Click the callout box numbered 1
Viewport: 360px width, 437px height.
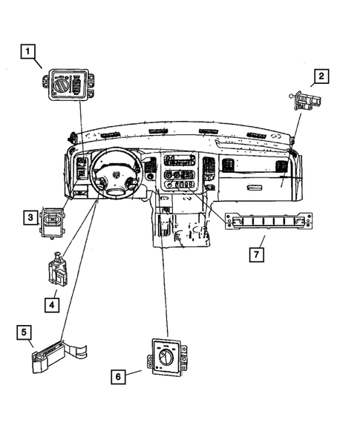point(27,51)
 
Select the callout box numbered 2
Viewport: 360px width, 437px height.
point(321,76)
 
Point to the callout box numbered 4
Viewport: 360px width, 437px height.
point(52,303)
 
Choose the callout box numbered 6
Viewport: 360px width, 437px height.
point(117,377)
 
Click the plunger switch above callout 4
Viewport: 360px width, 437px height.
point(57,271)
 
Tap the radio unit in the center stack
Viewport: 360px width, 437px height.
point(179,161)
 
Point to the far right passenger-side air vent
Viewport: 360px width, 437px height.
point(282,166)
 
